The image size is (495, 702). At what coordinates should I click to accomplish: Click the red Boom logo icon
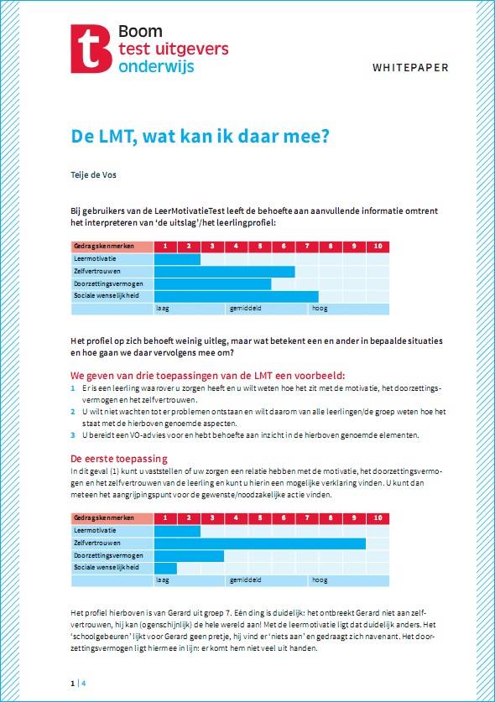pos(91,49)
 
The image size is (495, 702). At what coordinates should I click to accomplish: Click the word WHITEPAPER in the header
pos(410,67)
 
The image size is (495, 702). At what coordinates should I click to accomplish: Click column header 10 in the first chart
pos(378,247)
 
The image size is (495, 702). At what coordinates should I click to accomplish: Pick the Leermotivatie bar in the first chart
pos(177,259)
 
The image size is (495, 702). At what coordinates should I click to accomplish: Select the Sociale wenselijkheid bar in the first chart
pos(236,296)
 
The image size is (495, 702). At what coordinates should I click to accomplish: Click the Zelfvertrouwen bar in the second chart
pos(259,543)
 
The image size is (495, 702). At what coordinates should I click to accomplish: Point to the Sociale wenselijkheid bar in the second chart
pos(165,568)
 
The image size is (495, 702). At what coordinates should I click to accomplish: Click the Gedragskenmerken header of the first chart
pos(112,247)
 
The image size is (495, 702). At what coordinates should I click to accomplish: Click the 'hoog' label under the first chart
pos(320,309)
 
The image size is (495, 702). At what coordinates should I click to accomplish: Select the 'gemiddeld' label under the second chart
pos(245,580)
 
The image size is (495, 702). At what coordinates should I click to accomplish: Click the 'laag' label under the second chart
pos(163,580)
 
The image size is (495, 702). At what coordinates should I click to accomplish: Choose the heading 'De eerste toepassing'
pos(118,459)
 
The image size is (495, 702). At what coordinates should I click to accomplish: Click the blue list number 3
pos(73,435)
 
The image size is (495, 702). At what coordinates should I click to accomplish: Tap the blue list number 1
pos(73,389)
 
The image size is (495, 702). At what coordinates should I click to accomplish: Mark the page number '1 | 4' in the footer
pos(78,683)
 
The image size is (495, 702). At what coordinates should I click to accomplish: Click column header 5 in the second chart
pos(260,518)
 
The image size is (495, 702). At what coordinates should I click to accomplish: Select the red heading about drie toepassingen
pos(207,375)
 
